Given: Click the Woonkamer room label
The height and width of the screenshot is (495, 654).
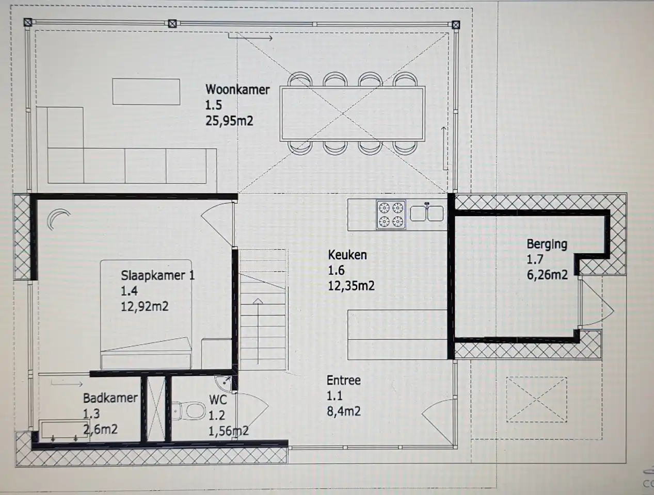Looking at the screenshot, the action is tap(237, 89).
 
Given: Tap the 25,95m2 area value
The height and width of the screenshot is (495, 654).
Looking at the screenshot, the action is tap(229, 121).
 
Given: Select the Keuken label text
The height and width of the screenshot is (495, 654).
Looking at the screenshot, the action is tap(347, 255).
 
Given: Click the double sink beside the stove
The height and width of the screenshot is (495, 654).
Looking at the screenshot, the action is tap(427, 213).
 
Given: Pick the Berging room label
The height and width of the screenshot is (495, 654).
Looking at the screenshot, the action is tap(547, 244).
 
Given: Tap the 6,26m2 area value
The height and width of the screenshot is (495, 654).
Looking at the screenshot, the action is tap(547, 274).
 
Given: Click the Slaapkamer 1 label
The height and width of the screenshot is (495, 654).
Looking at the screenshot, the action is tap(157, 275).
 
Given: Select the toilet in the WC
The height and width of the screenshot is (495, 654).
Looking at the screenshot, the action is tap(189, 411).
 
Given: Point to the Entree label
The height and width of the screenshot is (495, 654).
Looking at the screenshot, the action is tap(344, 380).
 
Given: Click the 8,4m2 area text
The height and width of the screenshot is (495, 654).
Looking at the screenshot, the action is tap(344, 411).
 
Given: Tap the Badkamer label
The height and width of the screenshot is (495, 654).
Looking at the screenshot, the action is tap(110, 398).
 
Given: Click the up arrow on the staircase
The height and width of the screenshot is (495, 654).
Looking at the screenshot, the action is tap(258, 331).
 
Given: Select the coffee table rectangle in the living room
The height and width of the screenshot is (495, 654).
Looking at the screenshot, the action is tap(146, 92).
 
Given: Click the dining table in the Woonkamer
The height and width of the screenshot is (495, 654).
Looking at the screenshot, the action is tap(352, 113).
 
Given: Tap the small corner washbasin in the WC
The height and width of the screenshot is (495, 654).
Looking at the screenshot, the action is tap(224, 383).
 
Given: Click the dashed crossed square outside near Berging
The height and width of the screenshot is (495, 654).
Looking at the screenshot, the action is tap(536, 400).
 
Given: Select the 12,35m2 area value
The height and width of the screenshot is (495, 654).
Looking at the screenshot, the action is tap(351, 286).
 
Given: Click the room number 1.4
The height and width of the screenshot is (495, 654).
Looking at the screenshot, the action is tap(129, 291).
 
